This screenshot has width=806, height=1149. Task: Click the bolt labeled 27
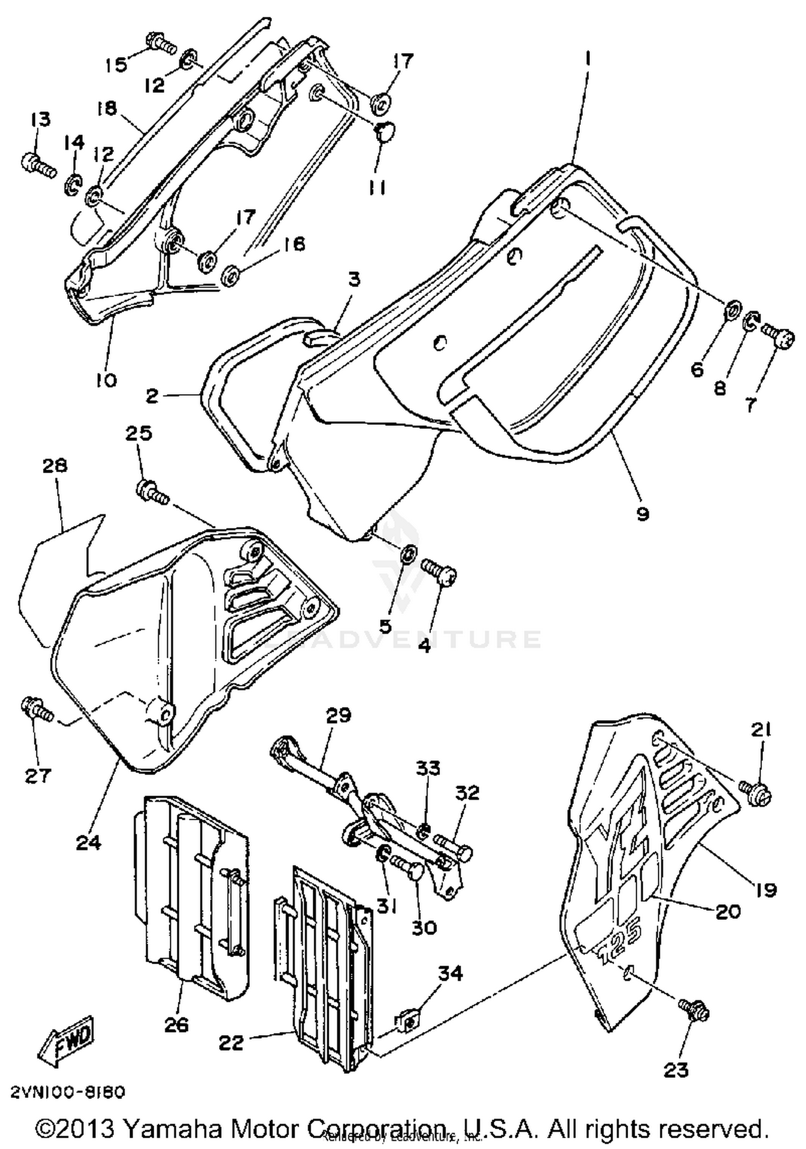(x=37, y=710)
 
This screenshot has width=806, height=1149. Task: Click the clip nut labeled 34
(x=409, y=1020)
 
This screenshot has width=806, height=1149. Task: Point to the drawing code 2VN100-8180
(x=67, y=1093)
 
